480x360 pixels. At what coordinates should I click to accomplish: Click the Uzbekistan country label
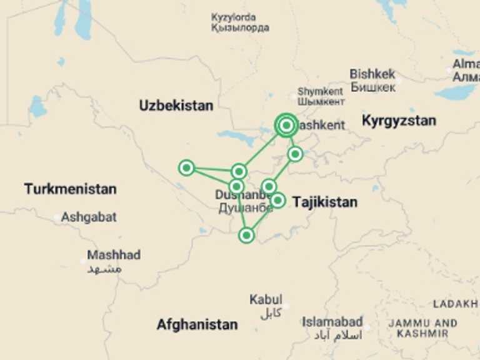click(176, 106)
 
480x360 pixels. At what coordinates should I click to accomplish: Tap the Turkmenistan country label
click(70, 189)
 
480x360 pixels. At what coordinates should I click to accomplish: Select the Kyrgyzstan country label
click(399, 121)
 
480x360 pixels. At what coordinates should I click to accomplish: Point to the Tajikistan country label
click(325, 202)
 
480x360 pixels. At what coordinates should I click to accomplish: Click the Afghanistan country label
click(197, 324)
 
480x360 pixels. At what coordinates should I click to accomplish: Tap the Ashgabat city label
click(89, 217)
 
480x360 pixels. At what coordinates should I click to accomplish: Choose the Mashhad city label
click(114, 255)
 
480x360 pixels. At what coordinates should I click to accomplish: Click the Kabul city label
click(266, 300)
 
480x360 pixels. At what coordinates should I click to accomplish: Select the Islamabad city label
click(332, 322)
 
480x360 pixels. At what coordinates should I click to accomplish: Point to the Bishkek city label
click(372, 74)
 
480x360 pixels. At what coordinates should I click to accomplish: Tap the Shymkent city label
click(321, 91)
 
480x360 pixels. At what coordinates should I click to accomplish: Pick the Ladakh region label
click(455, 304)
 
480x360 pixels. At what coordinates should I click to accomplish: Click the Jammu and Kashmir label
click(422, 328)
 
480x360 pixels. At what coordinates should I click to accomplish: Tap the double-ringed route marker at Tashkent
click(286, 126)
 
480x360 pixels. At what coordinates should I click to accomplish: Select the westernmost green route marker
click(186, 167)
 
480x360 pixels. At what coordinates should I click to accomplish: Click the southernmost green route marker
click(247, 235)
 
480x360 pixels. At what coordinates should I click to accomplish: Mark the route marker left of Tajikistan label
click(278, 200)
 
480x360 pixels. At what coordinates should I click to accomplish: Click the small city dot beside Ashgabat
click(57, 217)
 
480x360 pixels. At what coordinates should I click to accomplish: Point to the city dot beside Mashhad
click(83, 261)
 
